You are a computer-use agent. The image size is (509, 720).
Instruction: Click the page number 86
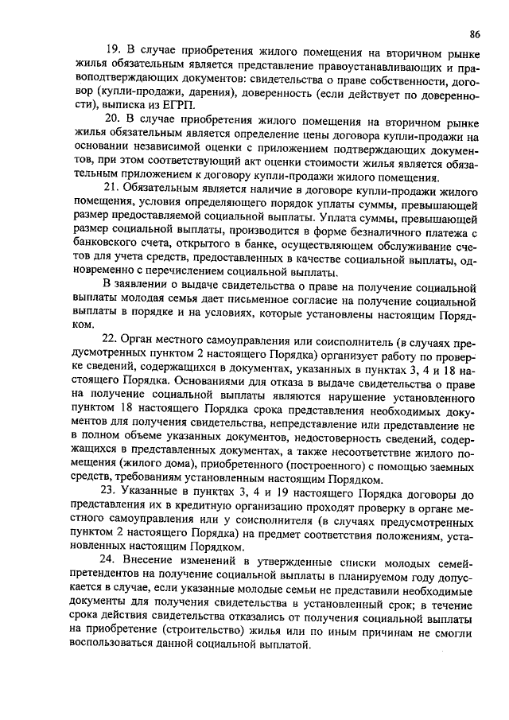tap(475, 34)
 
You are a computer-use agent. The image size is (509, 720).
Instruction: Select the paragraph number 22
tap(113, 339)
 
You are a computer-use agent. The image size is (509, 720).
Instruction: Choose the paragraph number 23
tap(113, 495)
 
